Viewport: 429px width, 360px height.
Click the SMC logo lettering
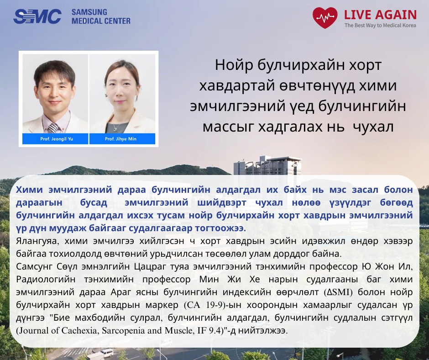37,16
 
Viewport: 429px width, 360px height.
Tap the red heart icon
325,17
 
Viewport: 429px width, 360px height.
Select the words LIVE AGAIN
380,15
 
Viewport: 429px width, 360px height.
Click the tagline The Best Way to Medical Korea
380,26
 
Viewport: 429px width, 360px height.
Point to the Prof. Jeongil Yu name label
57,139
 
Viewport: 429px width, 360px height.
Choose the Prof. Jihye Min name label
120,139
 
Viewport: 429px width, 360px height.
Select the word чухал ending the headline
373,127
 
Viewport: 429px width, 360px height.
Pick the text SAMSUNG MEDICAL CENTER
101,16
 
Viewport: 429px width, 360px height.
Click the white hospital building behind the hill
267,166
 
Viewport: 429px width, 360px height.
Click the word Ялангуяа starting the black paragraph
37,241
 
